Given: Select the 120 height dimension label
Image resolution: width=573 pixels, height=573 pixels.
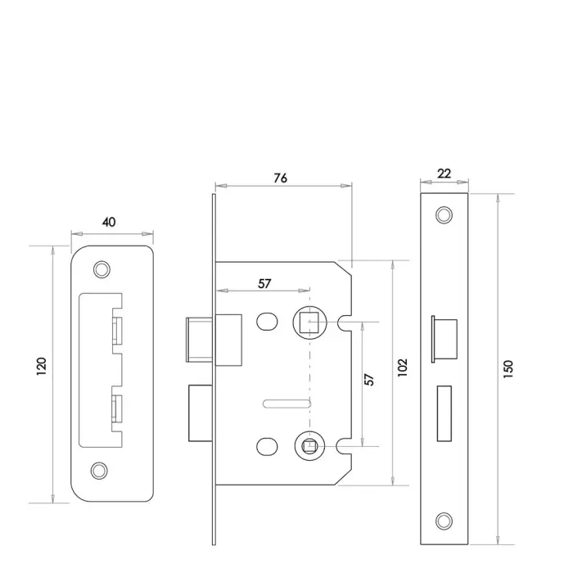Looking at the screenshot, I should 43,372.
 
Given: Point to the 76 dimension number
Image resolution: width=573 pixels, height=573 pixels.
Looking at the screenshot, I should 280,178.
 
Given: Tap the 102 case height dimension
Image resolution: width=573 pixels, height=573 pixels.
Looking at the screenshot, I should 402,372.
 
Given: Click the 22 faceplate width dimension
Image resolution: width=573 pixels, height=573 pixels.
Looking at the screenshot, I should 443,174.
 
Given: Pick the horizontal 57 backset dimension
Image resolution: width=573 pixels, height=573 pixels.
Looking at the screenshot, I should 264,283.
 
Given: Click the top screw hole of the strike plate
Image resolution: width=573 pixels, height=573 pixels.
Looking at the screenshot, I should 102,268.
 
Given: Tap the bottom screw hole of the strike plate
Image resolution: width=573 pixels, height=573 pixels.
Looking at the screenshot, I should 102,470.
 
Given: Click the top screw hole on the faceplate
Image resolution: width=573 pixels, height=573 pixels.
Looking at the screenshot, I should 444,214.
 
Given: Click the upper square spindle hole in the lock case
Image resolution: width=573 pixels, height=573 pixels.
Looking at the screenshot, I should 309,322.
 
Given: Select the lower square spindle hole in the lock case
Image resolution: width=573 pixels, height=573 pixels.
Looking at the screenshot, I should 309,446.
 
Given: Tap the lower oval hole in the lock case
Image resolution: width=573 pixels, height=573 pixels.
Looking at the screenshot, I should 266,446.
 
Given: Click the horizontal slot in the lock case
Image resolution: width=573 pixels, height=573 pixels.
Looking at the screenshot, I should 286,401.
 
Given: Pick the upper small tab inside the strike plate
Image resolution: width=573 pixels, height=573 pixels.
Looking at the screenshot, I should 118,332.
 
